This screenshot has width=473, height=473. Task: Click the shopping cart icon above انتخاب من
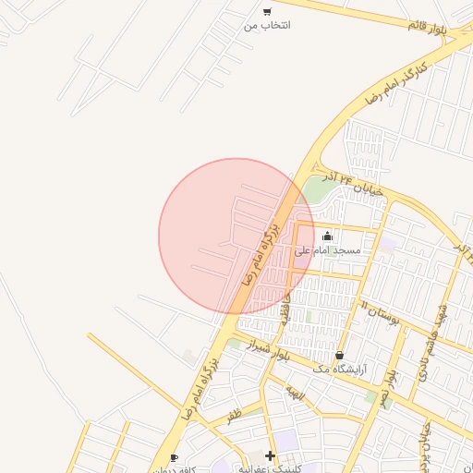267,12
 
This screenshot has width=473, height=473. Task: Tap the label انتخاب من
267,25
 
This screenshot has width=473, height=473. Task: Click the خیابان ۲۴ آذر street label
347,179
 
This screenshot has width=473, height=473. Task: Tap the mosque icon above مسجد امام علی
327,236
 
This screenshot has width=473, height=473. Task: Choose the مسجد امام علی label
327,250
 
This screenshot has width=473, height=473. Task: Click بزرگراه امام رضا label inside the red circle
260,250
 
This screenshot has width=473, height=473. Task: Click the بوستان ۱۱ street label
379,315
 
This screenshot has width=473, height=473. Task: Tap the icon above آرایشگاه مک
340,355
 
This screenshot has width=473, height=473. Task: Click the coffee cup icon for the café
174,457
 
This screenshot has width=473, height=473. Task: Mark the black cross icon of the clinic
270,455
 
